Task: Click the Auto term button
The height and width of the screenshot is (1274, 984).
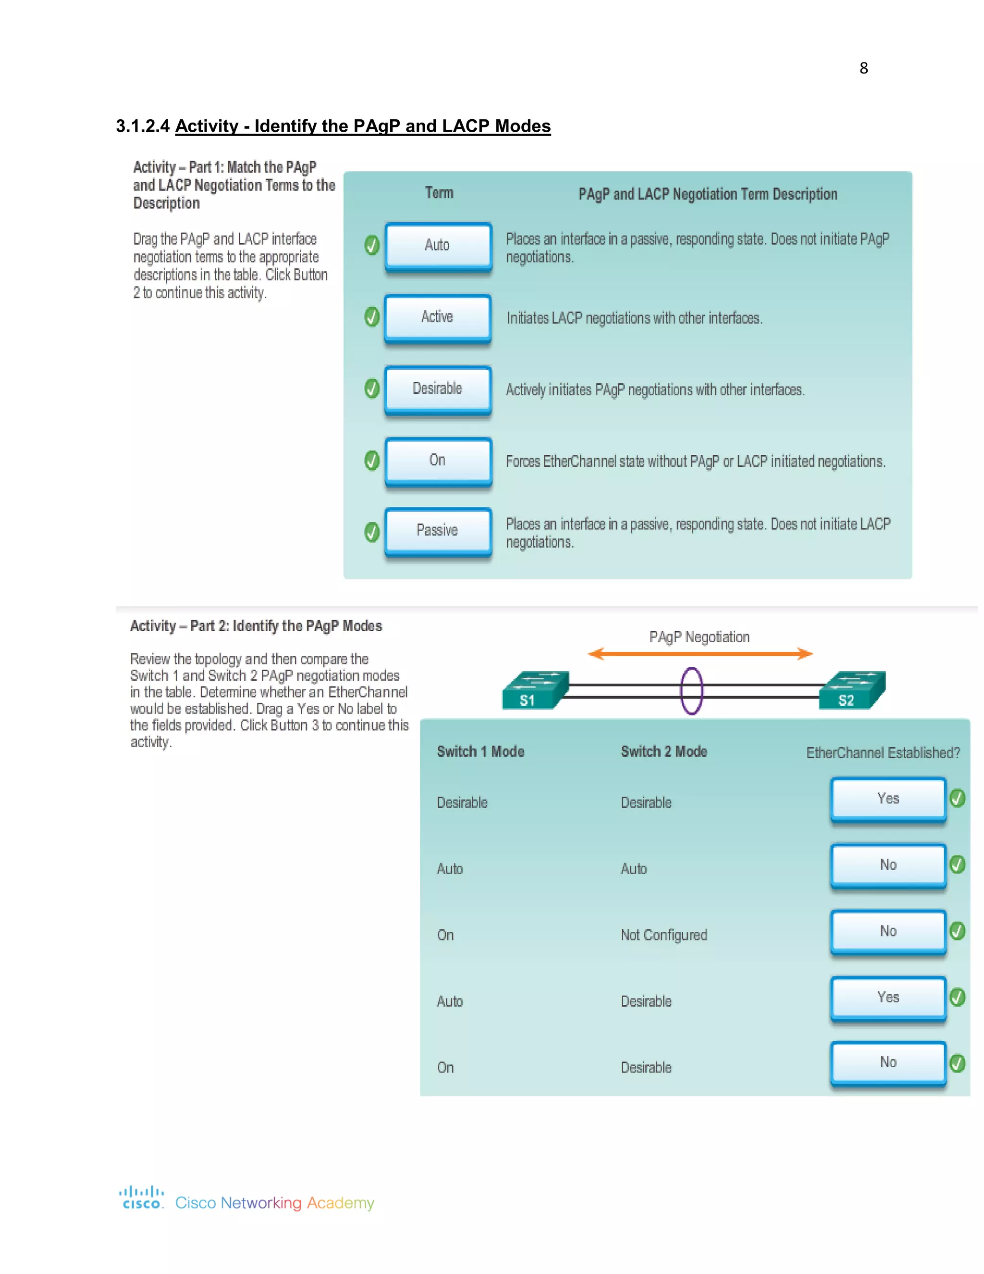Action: pos(438,246)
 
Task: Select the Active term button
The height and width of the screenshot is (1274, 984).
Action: pos(437,317)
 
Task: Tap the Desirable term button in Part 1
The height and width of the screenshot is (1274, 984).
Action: pos(437,389)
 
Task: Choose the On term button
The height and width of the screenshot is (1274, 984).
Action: pos(437,461)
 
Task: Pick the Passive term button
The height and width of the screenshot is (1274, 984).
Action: pos(437,531)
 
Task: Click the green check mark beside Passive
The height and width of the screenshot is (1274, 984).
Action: pos(372,532)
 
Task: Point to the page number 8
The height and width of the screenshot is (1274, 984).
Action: pos(863,68)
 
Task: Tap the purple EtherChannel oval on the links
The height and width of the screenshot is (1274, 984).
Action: pos(691,691)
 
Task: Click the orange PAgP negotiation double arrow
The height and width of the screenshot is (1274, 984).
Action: pos(700,654)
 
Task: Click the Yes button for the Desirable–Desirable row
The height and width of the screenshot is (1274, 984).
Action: pos(888,799)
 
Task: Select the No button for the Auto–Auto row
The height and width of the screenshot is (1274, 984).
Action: pos(888,865)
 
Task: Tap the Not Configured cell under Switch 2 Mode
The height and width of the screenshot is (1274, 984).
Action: pos(664,935)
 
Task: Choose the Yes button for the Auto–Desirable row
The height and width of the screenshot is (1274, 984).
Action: pos(888,998)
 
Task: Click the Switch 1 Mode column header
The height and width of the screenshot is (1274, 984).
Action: pos(480,751)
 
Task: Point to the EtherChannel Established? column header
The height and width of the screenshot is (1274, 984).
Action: pos(883,753)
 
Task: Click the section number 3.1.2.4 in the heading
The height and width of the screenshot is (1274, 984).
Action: pos(143,126)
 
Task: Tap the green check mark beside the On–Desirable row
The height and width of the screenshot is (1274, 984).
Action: pos(957,1063)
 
